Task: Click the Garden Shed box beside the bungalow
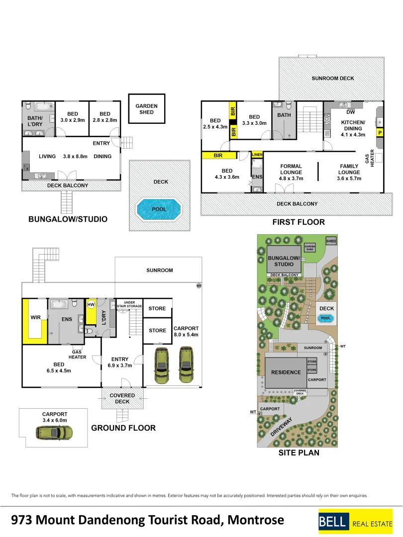(x=147, y=108)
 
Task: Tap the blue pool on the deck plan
(x=159, y=209)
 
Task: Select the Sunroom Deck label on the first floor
(x=333, y=79)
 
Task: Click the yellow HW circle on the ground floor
(x=91, y=304)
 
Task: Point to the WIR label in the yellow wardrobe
(x=36, y=317)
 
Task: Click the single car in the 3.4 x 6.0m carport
(x=54, y=433)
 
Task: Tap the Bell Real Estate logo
(x=355, y=522)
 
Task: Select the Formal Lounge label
(x=291, y=169)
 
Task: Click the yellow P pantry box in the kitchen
(x=380, y=133)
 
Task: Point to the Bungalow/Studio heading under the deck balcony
(x=68, y=219)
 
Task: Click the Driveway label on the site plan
(x=281, y=427)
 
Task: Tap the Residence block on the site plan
(x=286, y=372)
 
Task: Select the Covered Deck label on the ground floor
(x=122, y=398)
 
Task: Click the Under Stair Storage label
(x=129, y=304)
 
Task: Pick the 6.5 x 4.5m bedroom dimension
(x=59, y=370)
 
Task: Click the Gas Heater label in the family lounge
(x=369, y=158)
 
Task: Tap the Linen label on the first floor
(x=257, y=155)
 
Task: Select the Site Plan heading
(x=299, y=453)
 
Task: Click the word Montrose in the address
(x=256, y=520)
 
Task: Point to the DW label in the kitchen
(x=351, y=112)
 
